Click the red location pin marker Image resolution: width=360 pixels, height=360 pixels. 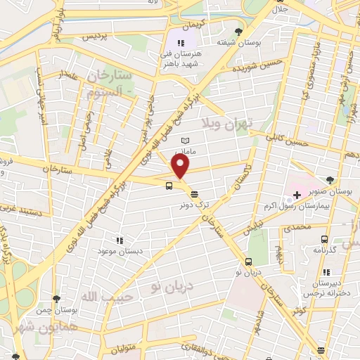coord(181,167)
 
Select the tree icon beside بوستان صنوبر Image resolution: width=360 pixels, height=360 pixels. coord(330,181)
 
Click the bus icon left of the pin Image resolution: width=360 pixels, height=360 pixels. coord(169,186)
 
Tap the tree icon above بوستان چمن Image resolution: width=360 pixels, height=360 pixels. coord(56,299)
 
